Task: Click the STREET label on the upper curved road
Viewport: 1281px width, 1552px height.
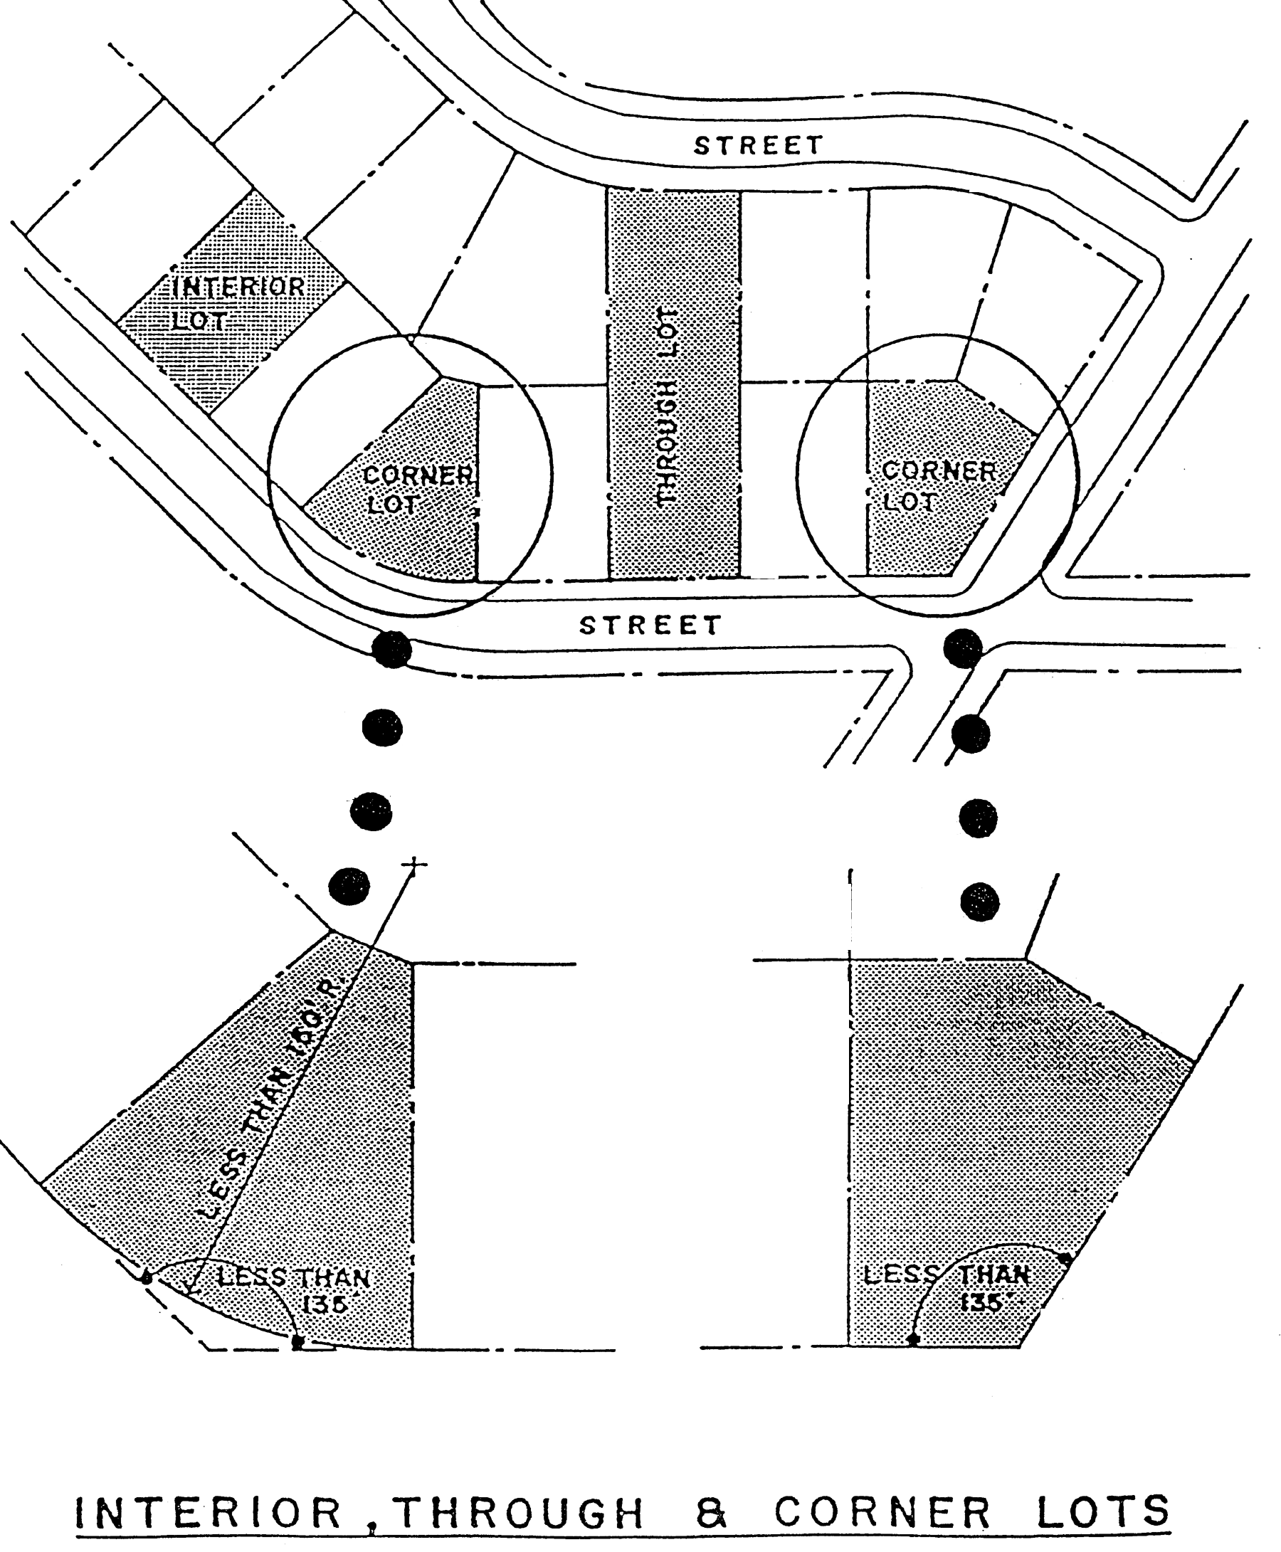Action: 758,145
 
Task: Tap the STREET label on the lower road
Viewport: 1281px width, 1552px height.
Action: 649,625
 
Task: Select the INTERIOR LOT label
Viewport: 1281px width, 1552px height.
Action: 237,303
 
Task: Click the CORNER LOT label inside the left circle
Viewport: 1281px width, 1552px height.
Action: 417,489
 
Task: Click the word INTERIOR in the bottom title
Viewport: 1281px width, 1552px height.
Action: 208,1513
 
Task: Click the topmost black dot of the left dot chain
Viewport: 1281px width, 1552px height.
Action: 391,650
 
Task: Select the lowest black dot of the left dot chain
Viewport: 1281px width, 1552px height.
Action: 349,885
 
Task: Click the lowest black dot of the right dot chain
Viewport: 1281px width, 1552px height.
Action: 980,902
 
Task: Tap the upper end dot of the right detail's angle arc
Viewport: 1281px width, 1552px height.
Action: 1064,1257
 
